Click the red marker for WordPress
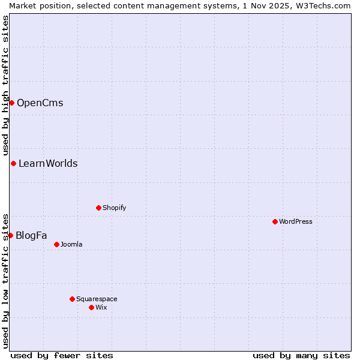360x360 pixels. [275, 221]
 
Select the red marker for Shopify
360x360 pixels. [98, 208]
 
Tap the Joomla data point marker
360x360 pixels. [56, 244]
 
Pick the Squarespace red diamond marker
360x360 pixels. [72, 299]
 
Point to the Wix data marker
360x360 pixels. [91, 307]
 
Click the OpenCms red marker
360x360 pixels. [11, 103]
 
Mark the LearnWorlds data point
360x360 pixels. [13, 163]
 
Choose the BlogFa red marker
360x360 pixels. [10, 235]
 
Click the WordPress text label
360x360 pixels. [296, 221]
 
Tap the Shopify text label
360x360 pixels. [115, 208]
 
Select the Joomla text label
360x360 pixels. [71, 244]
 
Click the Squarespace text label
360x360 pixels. [97, 299]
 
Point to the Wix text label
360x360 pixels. [101, 307]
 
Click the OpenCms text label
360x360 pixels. [40, 103]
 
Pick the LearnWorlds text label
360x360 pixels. [48, 163]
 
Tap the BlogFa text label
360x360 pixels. [31, 235]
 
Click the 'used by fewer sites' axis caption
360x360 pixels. [62, 355]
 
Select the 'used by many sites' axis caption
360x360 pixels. [301, 355]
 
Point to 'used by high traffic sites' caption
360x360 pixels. [5, 85]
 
